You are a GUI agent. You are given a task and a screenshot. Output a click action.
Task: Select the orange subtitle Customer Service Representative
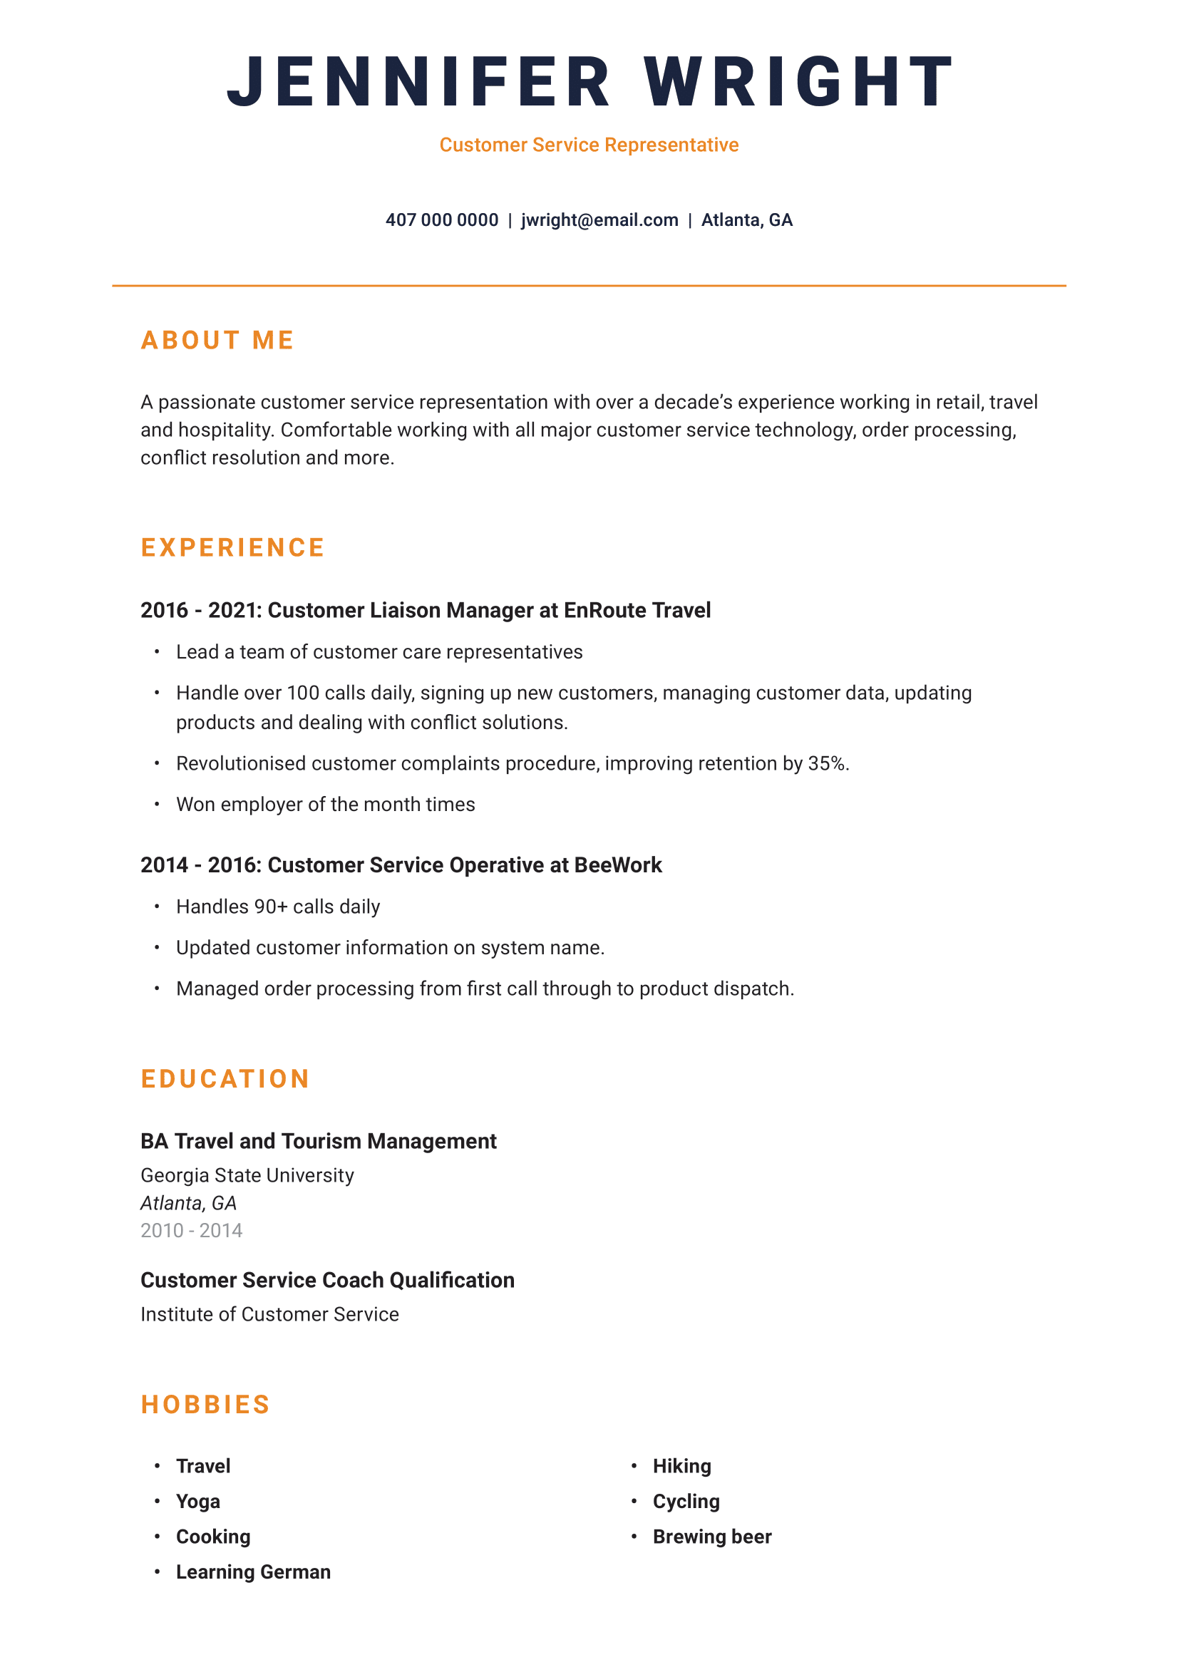pyautogui.click(x=589, y=145)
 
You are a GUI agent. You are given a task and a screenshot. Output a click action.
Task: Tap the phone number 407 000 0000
pyautogui.click(x=441, y=220)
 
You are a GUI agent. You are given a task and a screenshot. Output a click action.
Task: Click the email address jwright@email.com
pyautogui.click(x=599, y=220)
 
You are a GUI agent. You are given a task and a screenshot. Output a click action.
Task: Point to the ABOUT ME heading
pyautogui.click(x=217, y=341)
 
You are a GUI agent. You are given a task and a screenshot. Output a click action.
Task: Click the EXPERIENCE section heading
pyautogui.click(x=232, y=547)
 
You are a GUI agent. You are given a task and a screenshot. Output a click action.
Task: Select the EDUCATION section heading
pyautogui.click(x=225, y=1079)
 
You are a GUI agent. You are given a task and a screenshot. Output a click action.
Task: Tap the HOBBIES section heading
pyautogui.click(x=205, y=1405)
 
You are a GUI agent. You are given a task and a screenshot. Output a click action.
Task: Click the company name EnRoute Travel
pyautogui.click(x=637, y=611)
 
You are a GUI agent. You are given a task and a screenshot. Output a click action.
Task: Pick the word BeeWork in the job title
pyautogui.click(x=618, y=865)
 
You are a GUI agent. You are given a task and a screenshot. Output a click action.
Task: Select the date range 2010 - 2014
pyautogui.click(x=192, y=1231)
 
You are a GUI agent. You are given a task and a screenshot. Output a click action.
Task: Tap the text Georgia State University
pyautogui.click(x=247, y=1175)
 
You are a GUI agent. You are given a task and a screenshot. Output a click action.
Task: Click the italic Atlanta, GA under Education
pyautogui.click(x=189, y=1203)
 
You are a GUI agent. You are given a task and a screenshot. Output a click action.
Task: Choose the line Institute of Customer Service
pyautogui.click(x=269, y=1314)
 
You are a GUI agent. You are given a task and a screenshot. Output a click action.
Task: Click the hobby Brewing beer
pyautogui.click(x=711, y=1537)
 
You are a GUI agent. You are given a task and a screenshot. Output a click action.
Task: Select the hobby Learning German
pyautogui.click(x=253, y=1572)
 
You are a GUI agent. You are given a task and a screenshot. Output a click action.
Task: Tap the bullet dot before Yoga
pyautogui.click(x=157, y=1501)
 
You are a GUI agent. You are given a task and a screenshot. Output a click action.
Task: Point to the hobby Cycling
pyautogui.click(x=686, y=1501)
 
